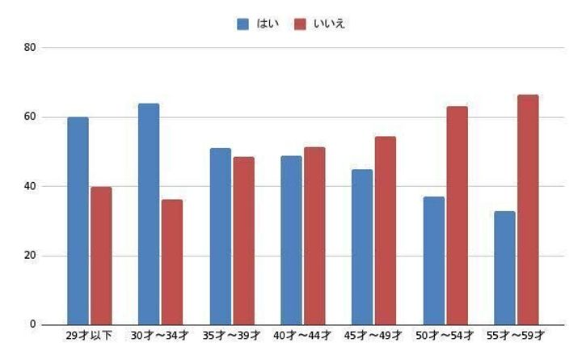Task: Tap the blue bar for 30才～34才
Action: tap(149, 214)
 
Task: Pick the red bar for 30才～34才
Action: tap(172, 262)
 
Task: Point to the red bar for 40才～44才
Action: tap(314, 235)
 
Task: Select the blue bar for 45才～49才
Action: tap(362, 247)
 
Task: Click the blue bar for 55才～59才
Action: tap(504, 268)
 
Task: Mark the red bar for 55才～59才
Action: tap(528, 210)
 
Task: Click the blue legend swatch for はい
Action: tap(243, 24)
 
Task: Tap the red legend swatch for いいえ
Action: tap(300, 24)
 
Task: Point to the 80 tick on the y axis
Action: tap(31, 48)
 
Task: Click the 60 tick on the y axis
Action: tap(31, 117)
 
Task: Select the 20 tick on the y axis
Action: tap(31, 256)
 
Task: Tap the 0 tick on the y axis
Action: tap(33, 325)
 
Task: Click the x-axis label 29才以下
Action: tap(89, 335)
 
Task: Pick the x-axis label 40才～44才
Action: tap(303, 335)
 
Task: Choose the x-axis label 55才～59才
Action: tap(517, 335)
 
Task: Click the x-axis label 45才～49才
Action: tap(374, 335)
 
